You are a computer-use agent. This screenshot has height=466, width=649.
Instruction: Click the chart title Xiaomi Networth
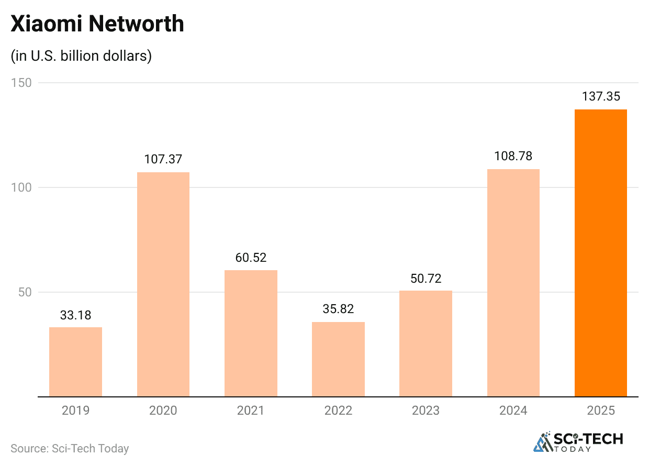[97, 24]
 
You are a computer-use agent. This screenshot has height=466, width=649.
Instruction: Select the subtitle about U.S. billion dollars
[81, 56]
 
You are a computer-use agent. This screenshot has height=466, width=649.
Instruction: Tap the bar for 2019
[75, 362]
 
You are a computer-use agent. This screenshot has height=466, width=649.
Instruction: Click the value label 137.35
[600, 97]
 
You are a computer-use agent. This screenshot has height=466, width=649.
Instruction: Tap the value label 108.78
[513, 157]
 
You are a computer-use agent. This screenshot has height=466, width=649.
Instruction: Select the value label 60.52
[251, 258]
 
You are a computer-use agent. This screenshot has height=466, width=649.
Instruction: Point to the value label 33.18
[75, 315]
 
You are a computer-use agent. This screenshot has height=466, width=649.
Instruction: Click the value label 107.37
[163, 160]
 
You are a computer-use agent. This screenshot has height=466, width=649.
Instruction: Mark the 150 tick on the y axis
[21, 83]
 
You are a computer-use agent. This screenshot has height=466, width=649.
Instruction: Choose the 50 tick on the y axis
[24, 292]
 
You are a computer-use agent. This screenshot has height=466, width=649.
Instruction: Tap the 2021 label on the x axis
[251, 410]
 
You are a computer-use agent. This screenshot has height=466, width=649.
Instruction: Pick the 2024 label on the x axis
[513, 410]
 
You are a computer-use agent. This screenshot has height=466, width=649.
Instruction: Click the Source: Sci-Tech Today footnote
[70, 448]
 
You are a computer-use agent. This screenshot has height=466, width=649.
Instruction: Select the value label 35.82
[338, 309]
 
